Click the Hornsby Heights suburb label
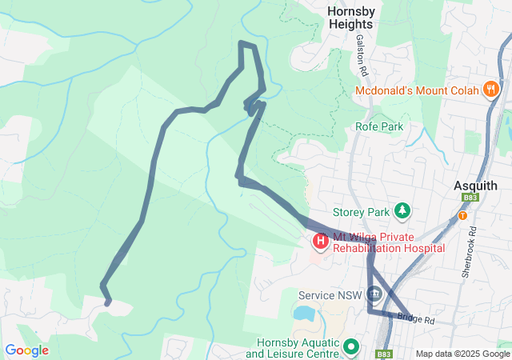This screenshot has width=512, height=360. click(350, 17)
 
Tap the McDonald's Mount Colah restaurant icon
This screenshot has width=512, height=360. click(490, 90)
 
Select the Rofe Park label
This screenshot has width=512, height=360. click(379, 126)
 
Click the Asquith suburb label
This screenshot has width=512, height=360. click(475, 185)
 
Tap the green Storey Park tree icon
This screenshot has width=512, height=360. click(402, 211)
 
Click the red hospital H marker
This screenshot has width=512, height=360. click(321, 240)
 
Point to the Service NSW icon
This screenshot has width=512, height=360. click(374, 295)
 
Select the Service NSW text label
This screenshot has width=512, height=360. click(330, 295)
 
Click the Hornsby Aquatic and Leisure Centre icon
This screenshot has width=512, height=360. click(350, 347)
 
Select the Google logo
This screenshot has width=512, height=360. click(26, 350)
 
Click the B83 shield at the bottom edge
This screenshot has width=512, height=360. click(385, 354)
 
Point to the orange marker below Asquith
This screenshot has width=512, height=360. click(462, 215)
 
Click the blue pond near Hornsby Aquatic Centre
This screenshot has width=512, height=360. click(305, 313)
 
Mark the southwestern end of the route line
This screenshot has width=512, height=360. click(108, 302)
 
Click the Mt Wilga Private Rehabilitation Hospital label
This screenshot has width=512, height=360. click(388, 242)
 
